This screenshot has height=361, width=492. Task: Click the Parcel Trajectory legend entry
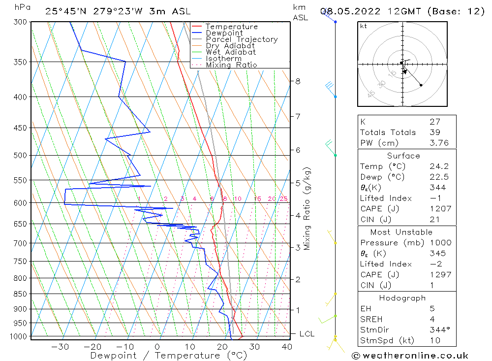click(241, 39)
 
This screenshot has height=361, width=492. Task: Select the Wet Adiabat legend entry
click(231, 52)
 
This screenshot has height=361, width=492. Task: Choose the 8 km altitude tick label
click(298, 81)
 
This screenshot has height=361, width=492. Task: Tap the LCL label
click(307, 334)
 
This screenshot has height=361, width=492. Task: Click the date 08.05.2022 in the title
click(347, 11)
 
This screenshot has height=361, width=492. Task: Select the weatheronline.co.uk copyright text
click(410, 356)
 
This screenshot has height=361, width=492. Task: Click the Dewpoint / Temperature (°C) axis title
click(168, 356)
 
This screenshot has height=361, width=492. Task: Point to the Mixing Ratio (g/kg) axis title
click(307, 208)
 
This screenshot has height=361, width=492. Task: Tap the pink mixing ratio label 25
click(283, 199)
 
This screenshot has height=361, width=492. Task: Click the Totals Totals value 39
click(435, 132)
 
